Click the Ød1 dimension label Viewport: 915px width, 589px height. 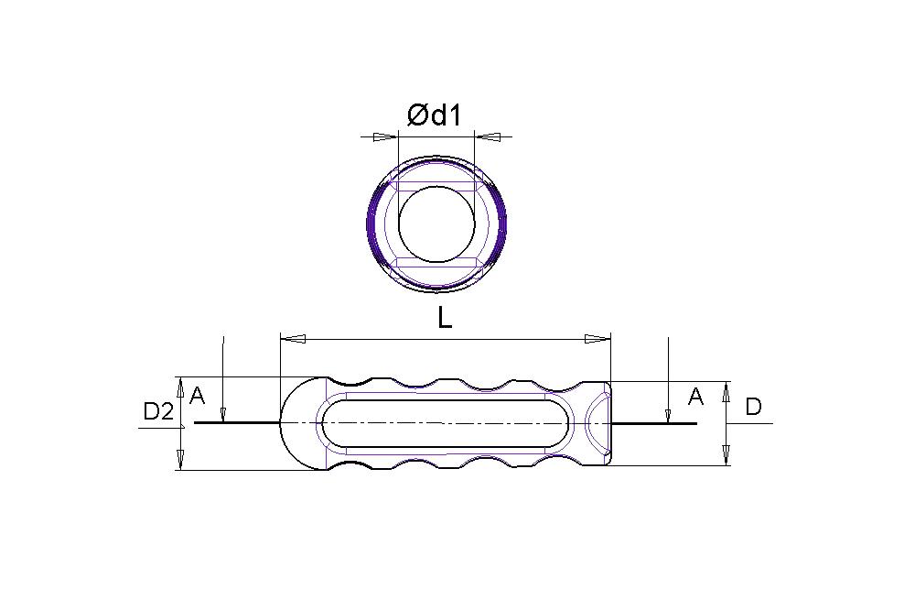click(x=435, y=115)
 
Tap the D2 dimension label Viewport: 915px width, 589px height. click(x=158, y=412)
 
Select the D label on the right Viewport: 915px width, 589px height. click(x=753, y=407)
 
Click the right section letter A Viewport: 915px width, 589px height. click(x=695, y=397)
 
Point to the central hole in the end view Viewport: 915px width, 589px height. click(x=436, y=223)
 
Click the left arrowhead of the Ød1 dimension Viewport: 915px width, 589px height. click(x=385, y=137)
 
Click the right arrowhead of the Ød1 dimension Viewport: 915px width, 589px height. click(x=488, y=137)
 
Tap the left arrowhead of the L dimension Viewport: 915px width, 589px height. click(x=293, y=338)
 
